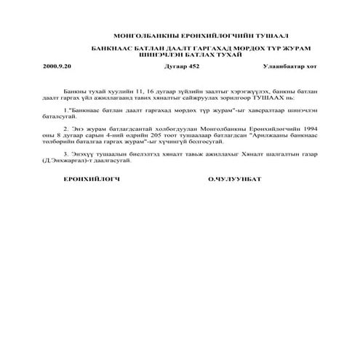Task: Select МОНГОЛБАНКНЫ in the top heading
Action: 143,35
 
